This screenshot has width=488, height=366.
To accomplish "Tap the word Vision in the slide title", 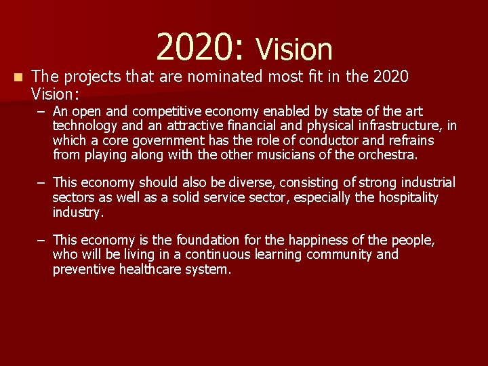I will pos(293,49).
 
